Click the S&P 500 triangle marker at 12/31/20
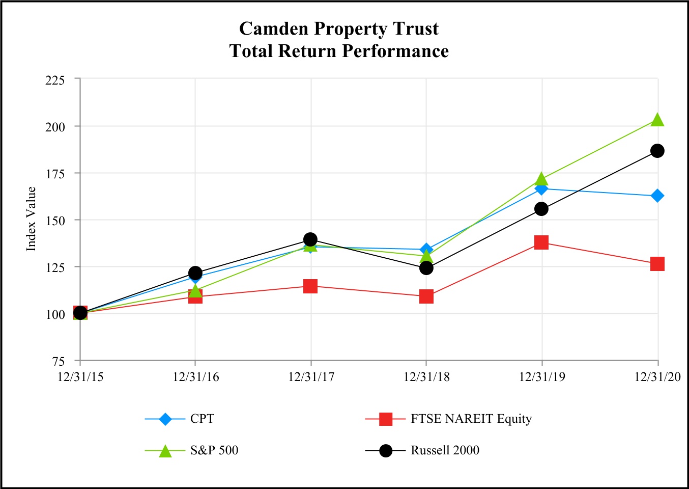point(657,120)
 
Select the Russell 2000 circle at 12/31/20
point(657,151)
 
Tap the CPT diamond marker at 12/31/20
point(657,196)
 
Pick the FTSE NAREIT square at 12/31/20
point(657,264)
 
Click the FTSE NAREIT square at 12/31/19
point(541,242)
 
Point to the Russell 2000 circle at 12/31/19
point(541,209)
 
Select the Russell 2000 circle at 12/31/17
point(310,239)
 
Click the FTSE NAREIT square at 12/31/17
point(310,286)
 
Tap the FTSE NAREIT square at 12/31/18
point(426,296)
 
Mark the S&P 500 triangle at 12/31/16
point(195,291)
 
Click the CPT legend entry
point(202,419)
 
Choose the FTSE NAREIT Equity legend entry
point(471,419)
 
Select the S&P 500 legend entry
point(214,450)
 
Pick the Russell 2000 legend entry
point(445,450)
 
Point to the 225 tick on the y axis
point(55,80)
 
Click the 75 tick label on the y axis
point(59,361)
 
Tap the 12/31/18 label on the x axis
point(426,377)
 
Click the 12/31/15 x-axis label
point(80,377)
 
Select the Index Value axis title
point(32,219)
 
